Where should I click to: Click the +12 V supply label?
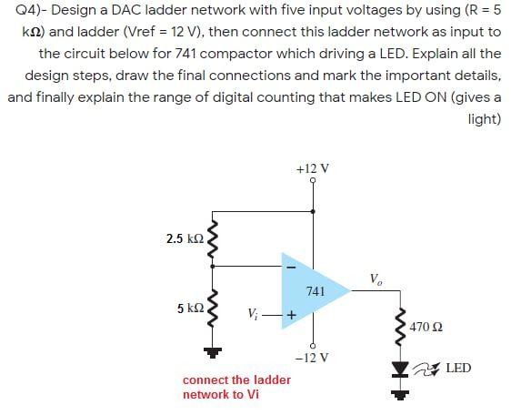[x=313, y=168]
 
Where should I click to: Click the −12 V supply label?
[x=313, y=358]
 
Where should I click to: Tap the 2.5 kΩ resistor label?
[x=185, y=239]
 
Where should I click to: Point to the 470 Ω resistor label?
[x=427, y=326]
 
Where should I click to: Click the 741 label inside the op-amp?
[x=315, y=291]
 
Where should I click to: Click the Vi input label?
[x=254, y=314]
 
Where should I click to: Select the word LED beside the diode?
[x=458, y=368]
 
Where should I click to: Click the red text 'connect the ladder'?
[x=236, y=380]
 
